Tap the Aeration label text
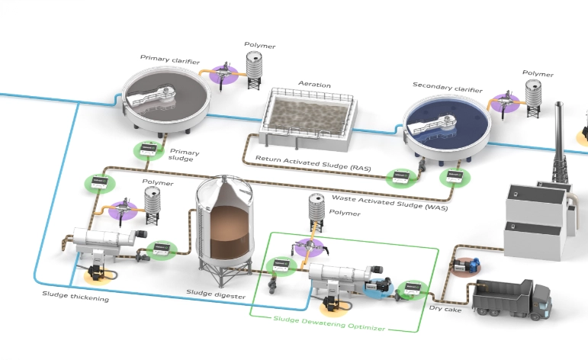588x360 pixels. [314, 85]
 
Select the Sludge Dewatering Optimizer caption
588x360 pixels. [329, 328]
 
